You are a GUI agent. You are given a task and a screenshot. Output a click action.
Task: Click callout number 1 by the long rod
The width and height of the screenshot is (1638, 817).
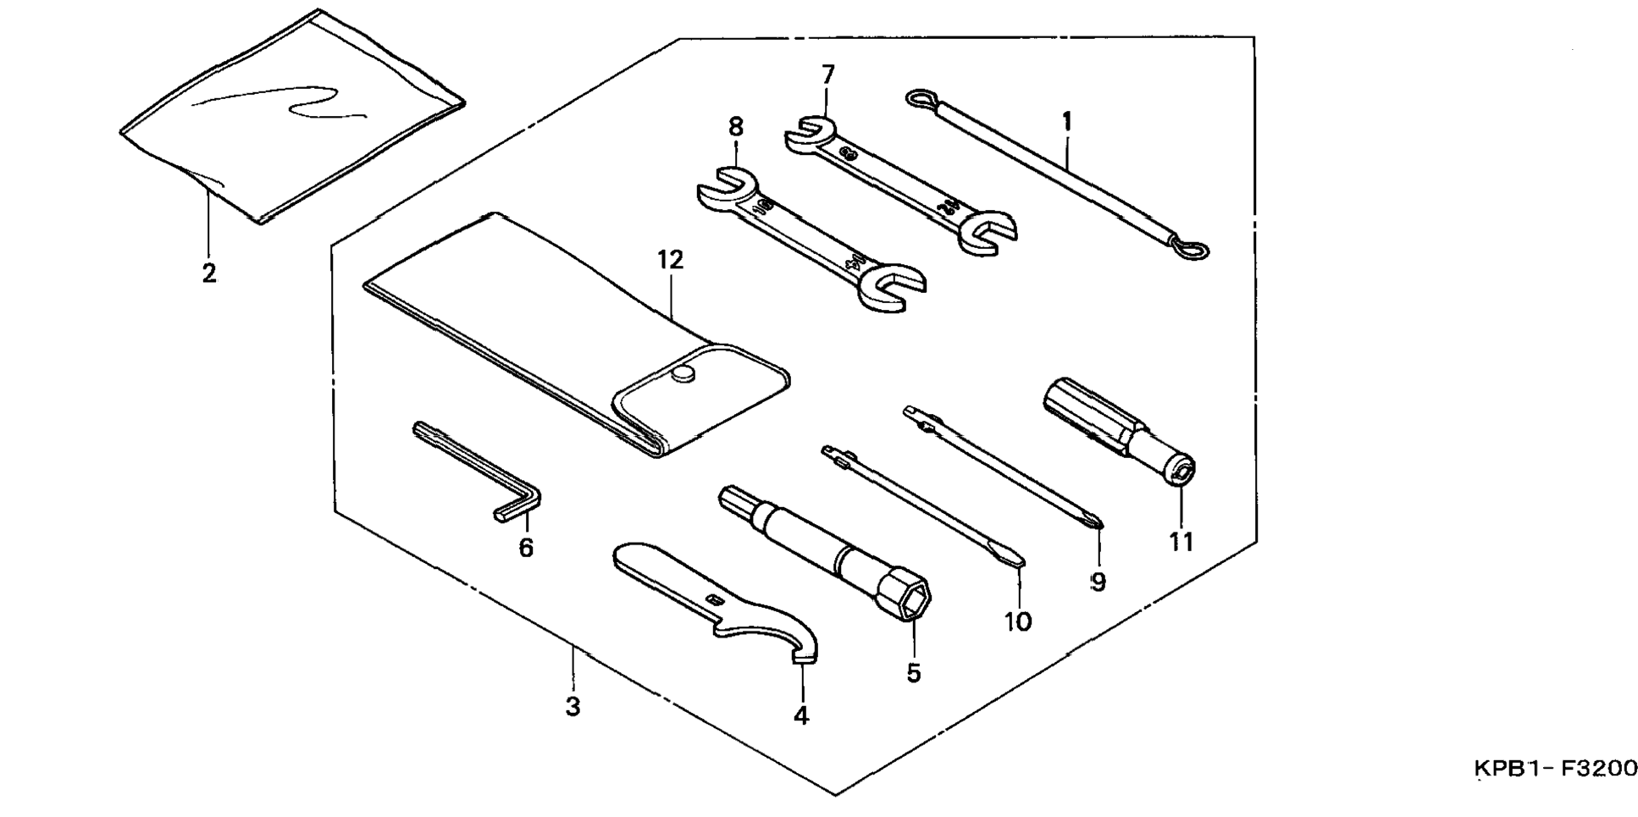tap(1066, 123)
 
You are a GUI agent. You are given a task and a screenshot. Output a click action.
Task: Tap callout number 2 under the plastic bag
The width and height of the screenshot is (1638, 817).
tap(208, 273)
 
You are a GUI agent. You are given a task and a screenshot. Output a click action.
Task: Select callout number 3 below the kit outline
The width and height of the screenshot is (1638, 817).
tap(573, 706)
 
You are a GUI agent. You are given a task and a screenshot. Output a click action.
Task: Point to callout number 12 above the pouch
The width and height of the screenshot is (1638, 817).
tap(670, 260)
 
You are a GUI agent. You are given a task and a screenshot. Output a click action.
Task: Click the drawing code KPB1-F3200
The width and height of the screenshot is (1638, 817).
tap(1555, 769)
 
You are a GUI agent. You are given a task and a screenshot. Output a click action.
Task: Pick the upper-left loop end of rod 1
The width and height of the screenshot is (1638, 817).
tap(920, 100)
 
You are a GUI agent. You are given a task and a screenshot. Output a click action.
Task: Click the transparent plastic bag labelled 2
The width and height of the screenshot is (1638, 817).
tap(292, 119)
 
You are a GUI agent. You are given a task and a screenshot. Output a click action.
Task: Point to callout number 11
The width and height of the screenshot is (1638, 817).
tap(1181, 542)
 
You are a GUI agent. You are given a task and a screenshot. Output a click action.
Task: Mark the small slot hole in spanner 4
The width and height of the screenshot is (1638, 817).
tap(716, 600)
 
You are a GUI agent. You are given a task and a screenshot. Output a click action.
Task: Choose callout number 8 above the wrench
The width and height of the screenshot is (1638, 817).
tap(735, 127)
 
